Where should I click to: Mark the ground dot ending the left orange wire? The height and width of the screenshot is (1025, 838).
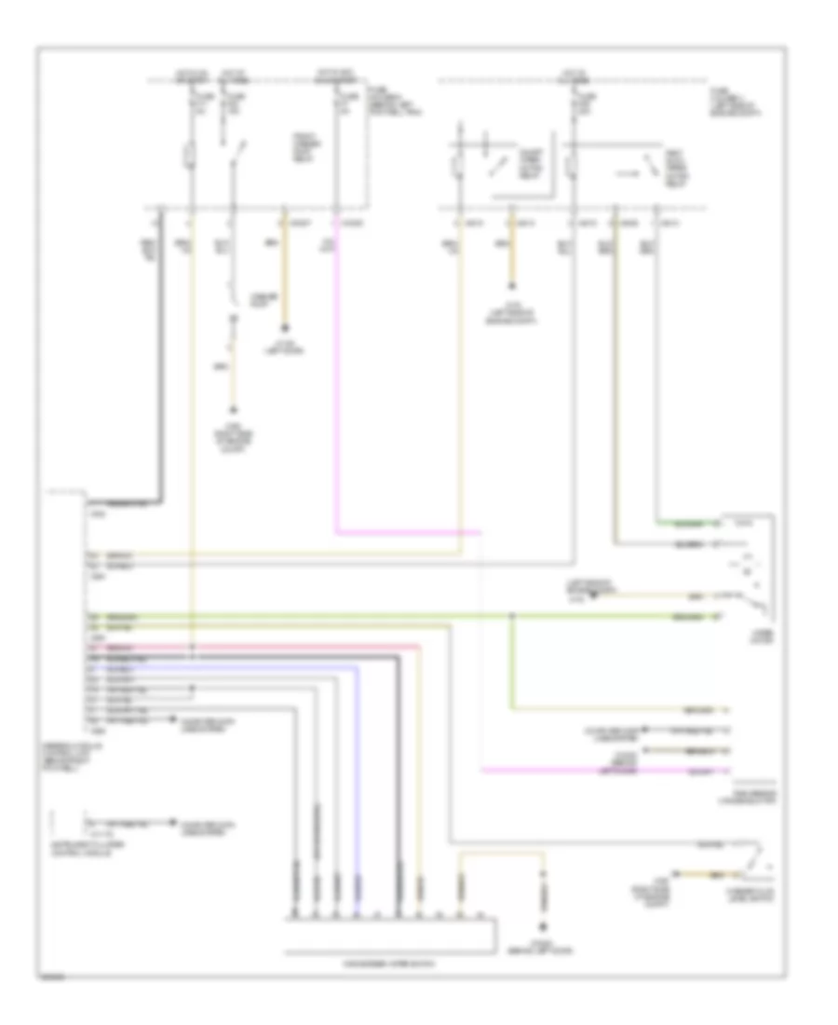click(x=285, y=329)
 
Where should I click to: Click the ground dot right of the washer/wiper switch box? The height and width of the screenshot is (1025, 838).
click(x=545, y=926)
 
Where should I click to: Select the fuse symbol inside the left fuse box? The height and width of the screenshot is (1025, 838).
click(x=192, y=154)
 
